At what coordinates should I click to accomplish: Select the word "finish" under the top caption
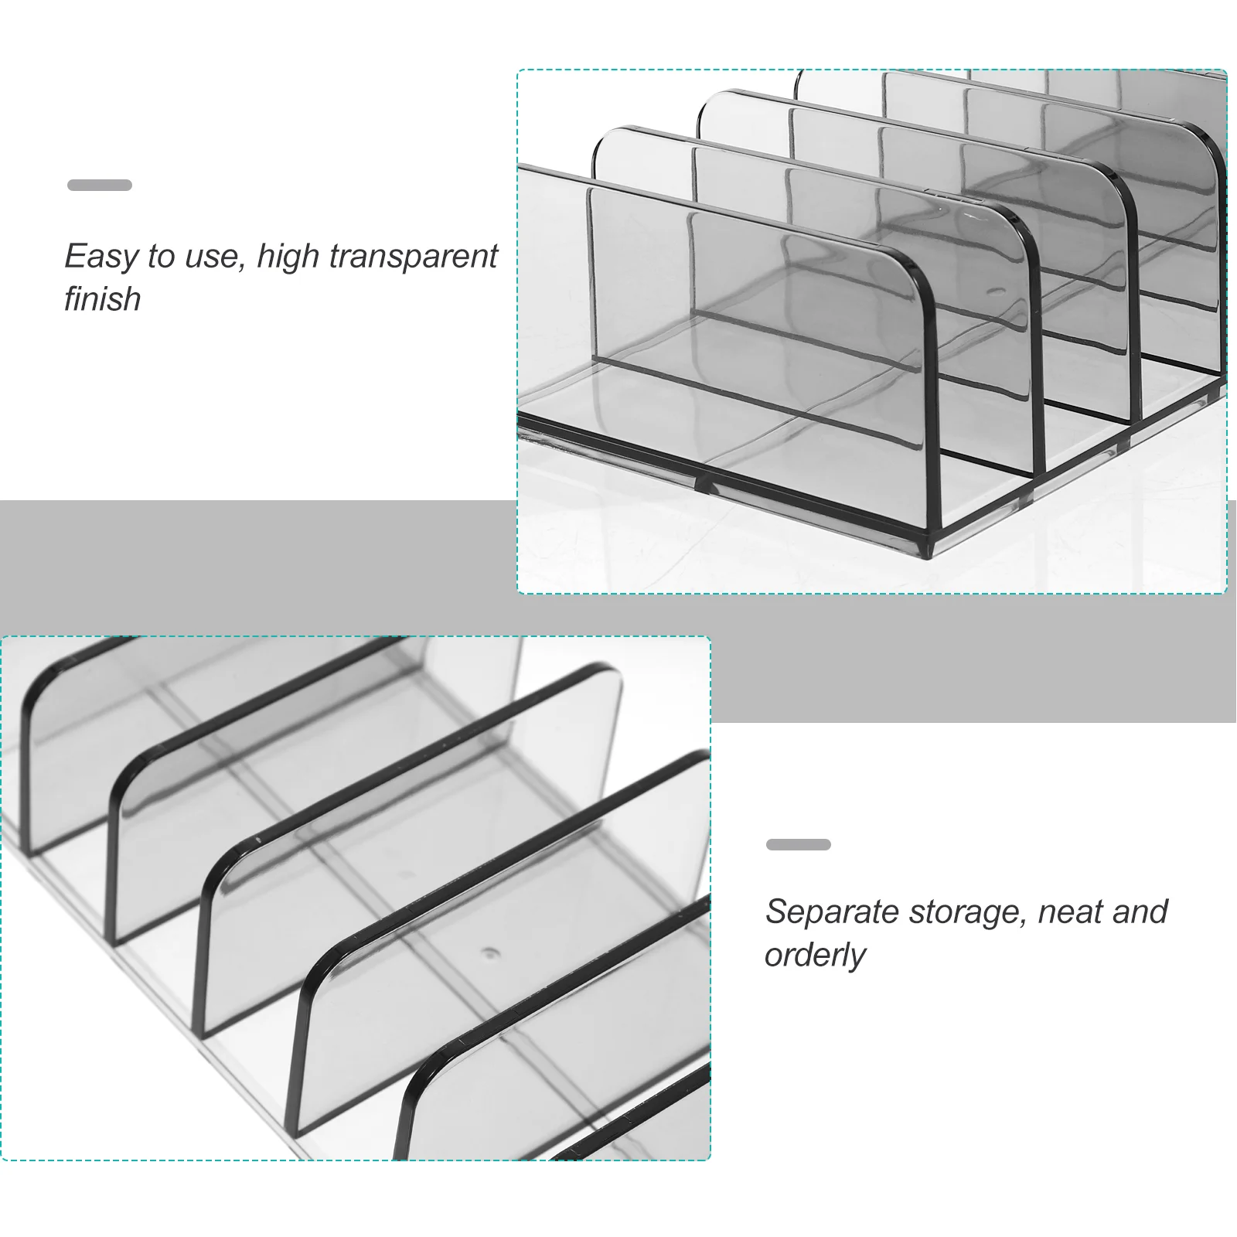pos(102,298)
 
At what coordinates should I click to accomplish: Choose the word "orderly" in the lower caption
pos(815,956)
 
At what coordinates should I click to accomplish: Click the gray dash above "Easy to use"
pos(100,185)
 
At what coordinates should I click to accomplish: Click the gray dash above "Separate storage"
pos(799,844)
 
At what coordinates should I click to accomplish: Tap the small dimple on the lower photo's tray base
pos(488,952)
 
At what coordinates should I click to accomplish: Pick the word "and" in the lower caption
pos(1140,912)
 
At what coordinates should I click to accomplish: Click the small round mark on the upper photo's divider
pos(996,292)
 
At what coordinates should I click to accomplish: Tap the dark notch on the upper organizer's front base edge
pos(705,486)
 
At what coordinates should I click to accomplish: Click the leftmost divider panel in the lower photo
pos(70,742)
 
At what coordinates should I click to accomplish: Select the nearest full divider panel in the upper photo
pos(758,340)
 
